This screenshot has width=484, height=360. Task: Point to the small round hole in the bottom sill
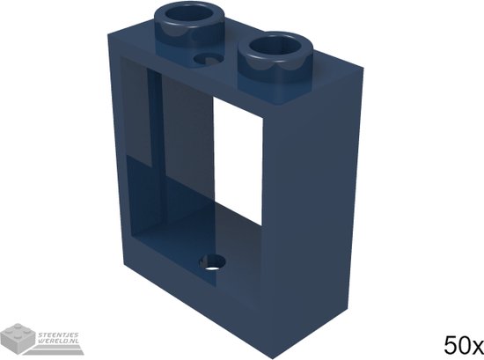[211, 261]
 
